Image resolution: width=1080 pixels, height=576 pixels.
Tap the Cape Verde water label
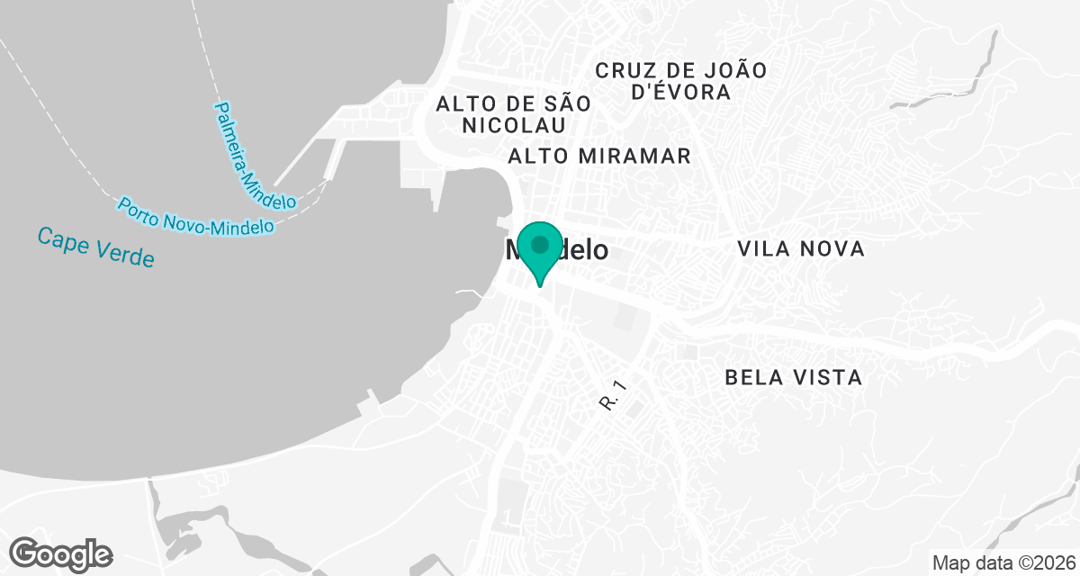click(96, 247)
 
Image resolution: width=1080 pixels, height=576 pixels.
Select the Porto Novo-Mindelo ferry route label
click(195, 217)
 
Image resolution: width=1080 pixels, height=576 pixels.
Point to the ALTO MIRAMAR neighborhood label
click(599, 157)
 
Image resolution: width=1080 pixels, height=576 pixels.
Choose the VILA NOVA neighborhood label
click(800, 249)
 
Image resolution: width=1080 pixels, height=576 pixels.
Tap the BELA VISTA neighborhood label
click(793, 378)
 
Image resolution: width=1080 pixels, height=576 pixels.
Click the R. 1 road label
click(611, 396)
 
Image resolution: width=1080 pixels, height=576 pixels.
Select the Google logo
click(61, 553)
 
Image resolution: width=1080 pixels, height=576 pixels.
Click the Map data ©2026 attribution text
click(1002, 563)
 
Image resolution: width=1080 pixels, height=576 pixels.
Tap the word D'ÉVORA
click(681, 92)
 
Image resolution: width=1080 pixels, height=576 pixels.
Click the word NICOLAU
click(514, 125)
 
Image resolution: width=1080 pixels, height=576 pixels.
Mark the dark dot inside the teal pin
click(540, 245)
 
